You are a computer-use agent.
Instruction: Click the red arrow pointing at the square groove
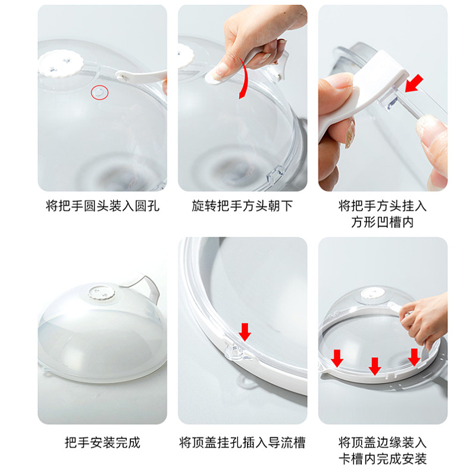click(414, 83)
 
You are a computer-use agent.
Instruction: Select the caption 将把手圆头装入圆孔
click(102, 206)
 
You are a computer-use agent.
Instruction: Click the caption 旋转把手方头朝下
click(242, 206)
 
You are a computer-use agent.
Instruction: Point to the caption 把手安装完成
click(102, 443)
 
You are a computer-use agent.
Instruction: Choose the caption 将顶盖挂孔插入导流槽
click(242, 443)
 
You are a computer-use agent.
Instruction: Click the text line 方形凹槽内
click(383, 222)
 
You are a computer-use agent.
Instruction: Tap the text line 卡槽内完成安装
click(383, 459)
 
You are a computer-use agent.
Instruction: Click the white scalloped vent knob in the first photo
click(61, 64)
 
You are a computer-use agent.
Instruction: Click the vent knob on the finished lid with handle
click(102, 293)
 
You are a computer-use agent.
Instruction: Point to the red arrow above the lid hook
click(245, 332)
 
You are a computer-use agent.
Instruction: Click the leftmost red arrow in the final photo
click(337, 358)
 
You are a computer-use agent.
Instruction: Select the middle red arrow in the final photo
click(375, 366)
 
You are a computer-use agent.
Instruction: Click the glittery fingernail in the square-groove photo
click(350, 134)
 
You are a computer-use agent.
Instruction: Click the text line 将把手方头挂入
click(383, 206)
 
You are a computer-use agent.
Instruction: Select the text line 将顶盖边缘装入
click(383, 443)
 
